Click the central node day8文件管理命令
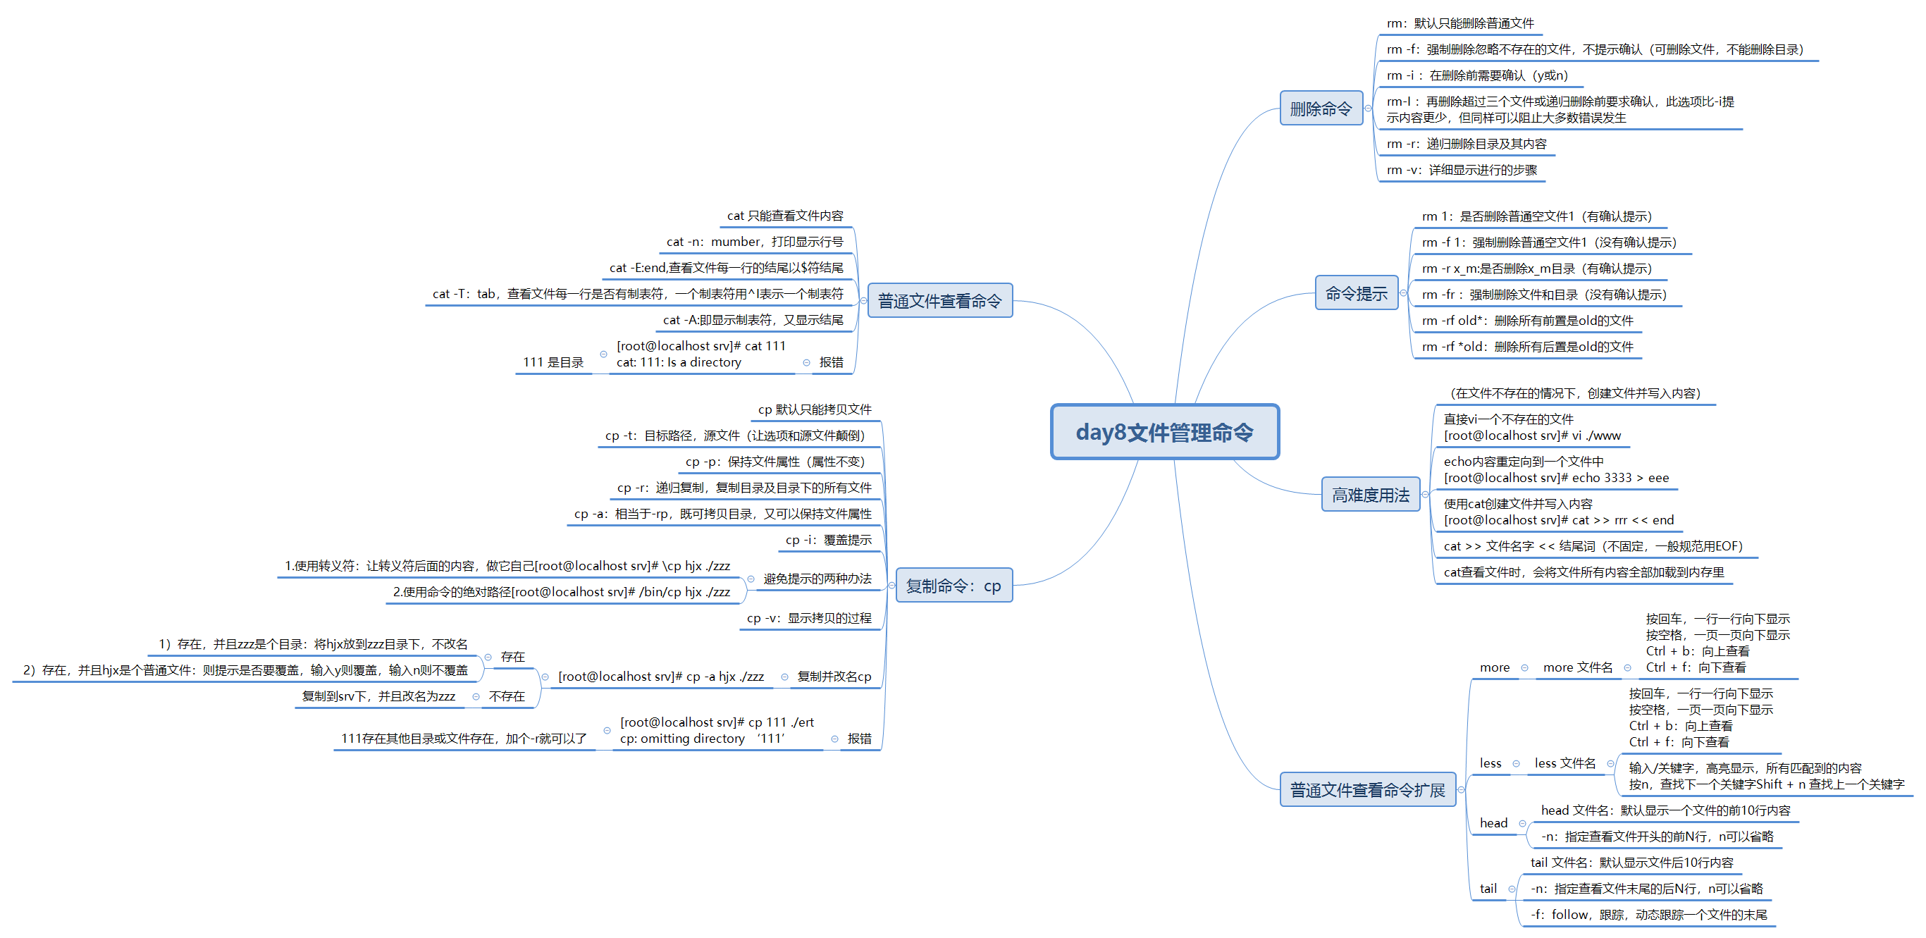click(1164, 432)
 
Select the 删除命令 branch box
click(1321, 109)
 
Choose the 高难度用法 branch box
click(1370, 495)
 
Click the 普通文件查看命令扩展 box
click(1366, 790)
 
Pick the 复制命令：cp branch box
click(953, 585)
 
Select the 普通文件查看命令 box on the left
click(939, 300)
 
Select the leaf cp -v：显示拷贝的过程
click(809, 618)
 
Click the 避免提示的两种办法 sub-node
click(817, 579)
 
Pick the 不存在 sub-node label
click(506, 696)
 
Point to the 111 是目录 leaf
click(553, 362)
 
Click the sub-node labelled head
click(1493, 823)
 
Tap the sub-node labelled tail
click(1488, 889)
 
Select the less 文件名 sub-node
click(1564, 763)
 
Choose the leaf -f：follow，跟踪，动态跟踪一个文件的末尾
click(1648, 915)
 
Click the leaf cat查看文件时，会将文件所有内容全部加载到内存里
click(1583, 572)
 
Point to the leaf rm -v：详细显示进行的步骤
click(1461, 170)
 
